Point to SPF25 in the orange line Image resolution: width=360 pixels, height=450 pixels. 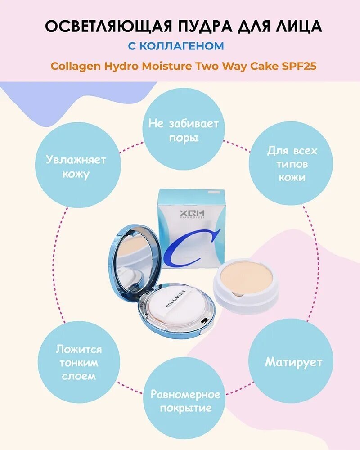[297, 66]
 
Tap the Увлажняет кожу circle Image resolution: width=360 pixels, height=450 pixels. [76, 166]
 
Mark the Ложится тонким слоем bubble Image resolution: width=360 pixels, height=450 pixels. [78, 362]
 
